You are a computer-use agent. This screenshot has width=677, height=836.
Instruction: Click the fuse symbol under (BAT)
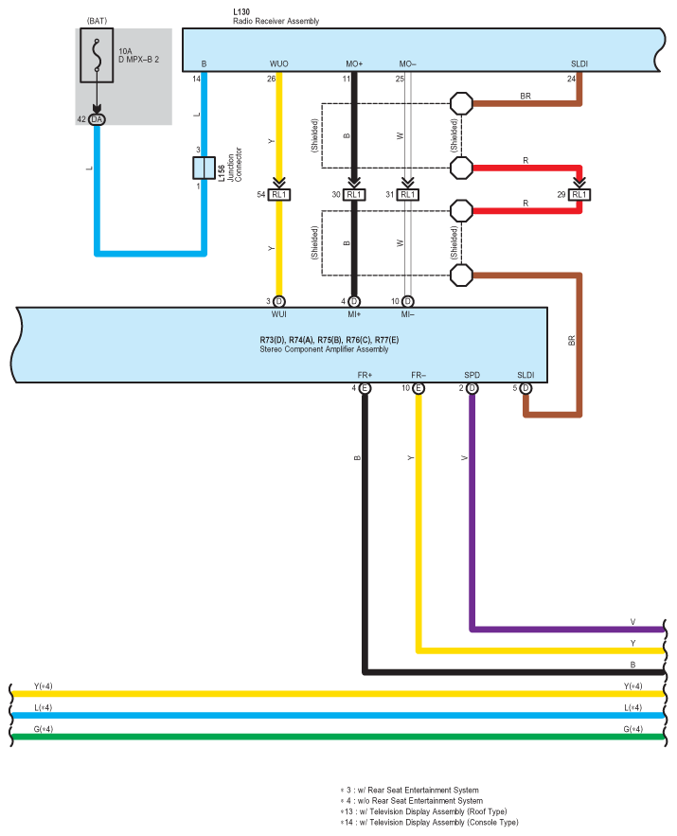97,56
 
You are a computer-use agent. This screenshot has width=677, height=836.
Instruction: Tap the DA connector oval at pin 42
97,119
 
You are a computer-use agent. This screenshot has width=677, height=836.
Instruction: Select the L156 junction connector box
204,168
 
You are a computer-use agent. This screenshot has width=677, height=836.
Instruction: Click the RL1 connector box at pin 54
278,195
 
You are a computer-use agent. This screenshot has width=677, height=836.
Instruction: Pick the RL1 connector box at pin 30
354,195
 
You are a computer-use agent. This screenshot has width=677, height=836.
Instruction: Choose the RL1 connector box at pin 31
408,195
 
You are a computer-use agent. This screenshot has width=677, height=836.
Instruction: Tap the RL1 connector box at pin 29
579,195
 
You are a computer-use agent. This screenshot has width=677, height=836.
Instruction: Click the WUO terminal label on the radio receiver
278,64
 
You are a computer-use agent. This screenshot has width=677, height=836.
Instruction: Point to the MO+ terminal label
354,64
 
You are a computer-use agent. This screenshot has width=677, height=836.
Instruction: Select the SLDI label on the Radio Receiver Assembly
579,64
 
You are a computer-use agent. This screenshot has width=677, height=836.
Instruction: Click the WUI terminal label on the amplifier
278,314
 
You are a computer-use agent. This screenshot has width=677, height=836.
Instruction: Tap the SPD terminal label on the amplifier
472,375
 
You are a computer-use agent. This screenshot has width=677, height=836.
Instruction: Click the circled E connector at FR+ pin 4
365,388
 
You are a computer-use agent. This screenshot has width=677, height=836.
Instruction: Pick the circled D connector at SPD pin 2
472,388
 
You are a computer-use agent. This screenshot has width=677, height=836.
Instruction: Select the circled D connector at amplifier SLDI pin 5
526,388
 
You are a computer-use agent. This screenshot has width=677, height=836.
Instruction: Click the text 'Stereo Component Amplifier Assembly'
324,349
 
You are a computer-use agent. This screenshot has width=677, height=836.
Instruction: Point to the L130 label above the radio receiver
241,11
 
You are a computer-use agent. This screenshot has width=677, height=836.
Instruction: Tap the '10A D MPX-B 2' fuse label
138,56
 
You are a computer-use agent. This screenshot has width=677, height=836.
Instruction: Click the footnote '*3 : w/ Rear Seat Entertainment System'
409,791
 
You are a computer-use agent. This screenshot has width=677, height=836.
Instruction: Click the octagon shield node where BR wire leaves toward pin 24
461,103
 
